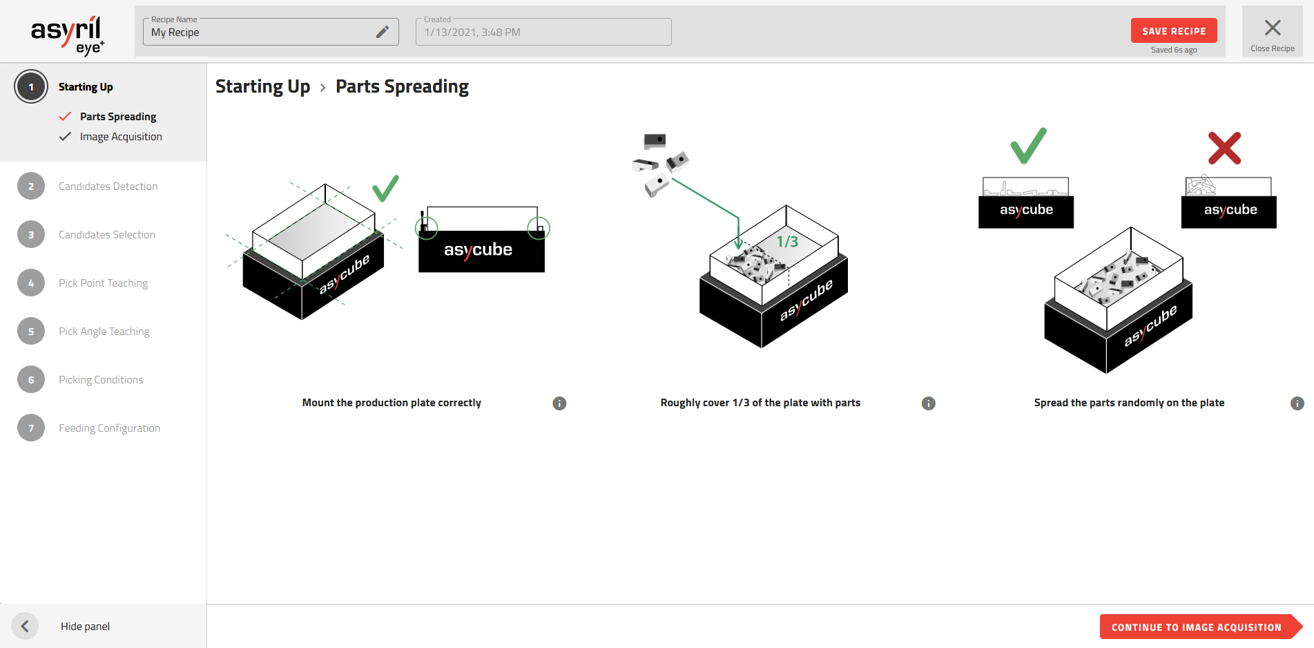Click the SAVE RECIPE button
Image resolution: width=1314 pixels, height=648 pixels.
[x=1173, y=31]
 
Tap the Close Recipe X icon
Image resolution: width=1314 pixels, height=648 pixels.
[x=1272, y=28]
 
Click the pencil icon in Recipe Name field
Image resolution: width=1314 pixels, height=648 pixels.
[x=383, y=32]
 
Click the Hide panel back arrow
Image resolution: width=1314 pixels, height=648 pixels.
[x=25, y=626]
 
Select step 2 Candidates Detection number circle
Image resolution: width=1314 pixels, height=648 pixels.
[x=31, y=187]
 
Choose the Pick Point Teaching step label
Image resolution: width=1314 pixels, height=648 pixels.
[x=103, y=283]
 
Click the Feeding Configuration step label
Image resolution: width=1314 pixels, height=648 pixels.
[x=109, y=428]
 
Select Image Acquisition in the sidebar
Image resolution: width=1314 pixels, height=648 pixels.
[x=121, y=137]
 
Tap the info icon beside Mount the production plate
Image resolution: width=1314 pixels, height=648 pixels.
[x=559, y=403]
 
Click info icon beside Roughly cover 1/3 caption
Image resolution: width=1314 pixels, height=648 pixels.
[x=928, y=403]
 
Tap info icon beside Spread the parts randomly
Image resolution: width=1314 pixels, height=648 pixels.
[x=1297, y=403]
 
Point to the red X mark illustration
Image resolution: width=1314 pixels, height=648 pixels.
[x=1224, y=148]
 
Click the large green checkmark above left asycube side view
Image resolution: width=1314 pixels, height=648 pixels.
[x=1028, y=146]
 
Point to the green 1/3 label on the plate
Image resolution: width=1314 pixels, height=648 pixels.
[x=787, y=242]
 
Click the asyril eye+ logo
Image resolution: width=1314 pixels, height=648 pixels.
[x=67, y=35]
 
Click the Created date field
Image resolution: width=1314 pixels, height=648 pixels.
[x=543, y=32]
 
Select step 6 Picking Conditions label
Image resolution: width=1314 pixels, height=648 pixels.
[x=101, y=380]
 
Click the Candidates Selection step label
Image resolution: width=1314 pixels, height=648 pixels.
[x=107, y=235]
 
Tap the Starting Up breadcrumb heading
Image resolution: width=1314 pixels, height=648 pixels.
[x=262, y=86]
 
